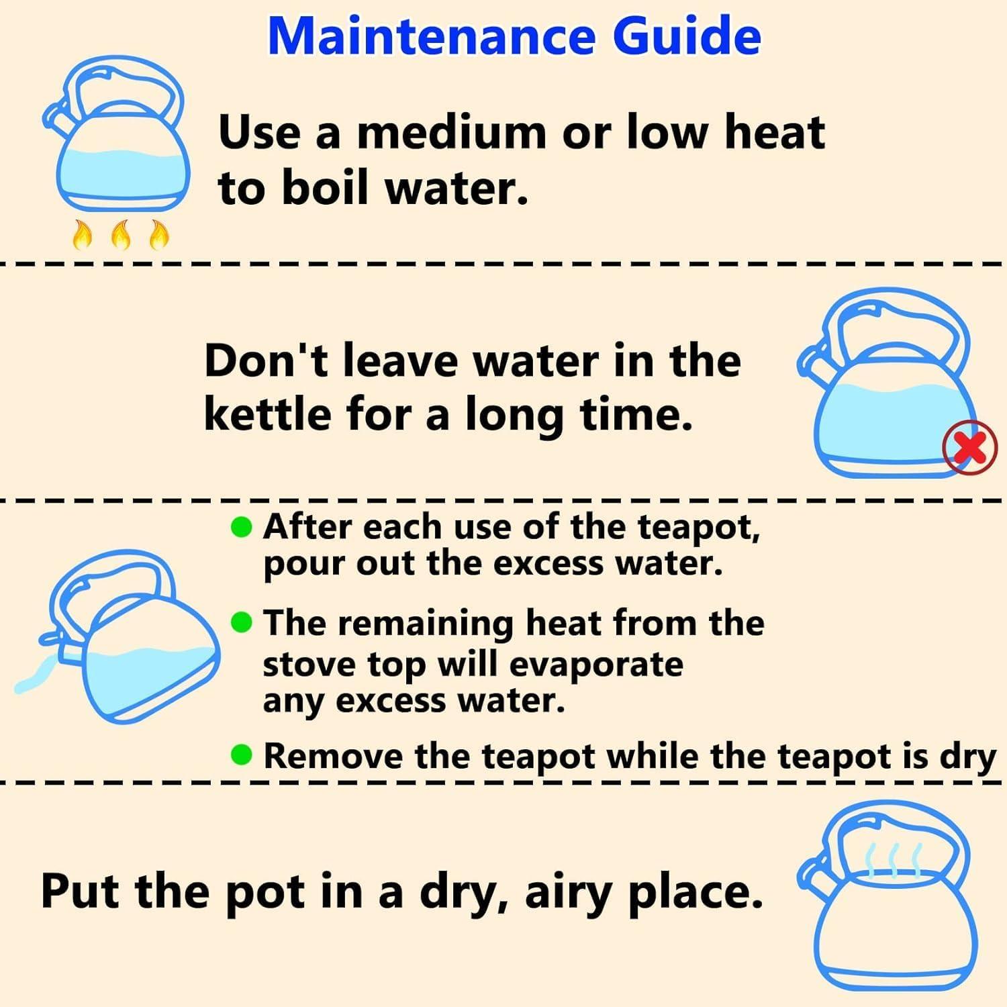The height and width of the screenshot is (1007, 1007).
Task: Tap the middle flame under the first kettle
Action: pos(121,235)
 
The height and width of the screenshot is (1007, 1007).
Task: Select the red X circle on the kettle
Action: pos(970,448)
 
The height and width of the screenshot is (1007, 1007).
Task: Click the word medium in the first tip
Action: pos(451,132)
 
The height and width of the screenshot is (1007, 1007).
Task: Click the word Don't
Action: pos(267,361)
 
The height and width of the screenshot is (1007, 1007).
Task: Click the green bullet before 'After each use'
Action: pos(241,528)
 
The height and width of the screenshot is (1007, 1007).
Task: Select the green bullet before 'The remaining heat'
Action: pos(241,623)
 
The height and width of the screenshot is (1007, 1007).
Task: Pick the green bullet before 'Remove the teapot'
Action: pos(241,755)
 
